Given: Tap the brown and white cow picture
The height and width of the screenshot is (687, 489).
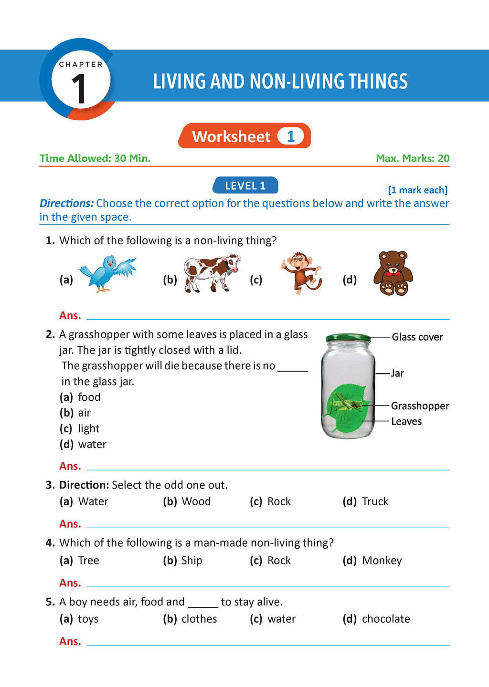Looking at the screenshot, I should pyautogui.click(x=211, y=273).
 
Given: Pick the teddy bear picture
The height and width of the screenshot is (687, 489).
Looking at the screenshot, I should pyautogui.click(x=393, y=273).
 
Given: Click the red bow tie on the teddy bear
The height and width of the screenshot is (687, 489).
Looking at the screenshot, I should pyautogui.click(x=393, y=273).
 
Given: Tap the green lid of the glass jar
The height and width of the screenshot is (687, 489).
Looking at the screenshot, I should pyautogui.click(x=348, y=338).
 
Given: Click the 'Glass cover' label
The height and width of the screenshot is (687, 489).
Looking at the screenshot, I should pyautogui.click(x=417, y=337).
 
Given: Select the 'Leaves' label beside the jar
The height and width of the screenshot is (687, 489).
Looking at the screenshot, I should pyautogui.click(x=406, y=422).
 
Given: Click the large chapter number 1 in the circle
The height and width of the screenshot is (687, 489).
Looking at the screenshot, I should pyautogui.click(x=79, y=89).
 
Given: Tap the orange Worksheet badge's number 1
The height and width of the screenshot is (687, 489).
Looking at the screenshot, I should pyautogui.click(x=291, y=136).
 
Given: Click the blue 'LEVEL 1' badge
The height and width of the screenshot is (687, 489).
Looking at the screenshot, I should pyautogui.click(x=245, y=186).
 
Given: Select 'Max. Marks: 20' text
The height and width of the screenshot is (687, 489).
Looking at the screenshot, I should pyautogui.click(x=413, y=158).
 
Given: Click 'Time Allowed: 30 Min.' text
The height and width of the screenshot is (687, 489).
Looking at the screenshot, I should pyautogui.click(x=95, y=158).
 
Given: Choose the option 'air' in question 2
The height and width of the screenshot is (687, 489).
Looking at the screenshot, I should pyautogui.click(x=85, y=413).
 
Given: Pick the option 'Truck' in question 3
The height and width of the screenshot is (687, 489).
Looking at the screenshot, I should pyautogui.click(x=375, y=501).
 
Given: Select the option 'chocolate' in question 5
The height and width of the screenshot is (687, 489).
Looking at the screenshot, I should pyautogui.click(x=386, y=619).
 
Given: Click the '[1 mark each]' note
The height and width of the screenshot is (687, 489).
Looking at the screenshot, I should pyautogui.click(x=417, y=190).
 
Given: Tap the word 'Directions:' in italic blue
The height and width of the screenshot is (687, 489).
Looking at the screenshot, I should pyautogui.click(x=66, y=203).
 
